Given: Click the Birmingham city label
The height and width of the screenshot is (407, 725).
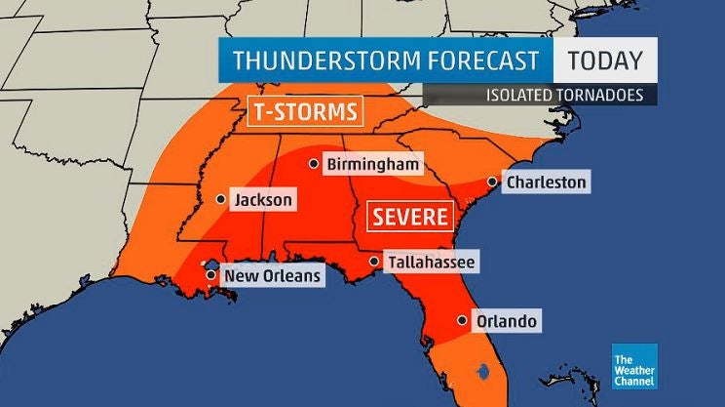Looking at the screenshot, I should point(372,165).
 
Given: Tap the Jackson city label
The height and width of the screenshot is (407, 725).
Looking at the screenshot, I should point(263,200).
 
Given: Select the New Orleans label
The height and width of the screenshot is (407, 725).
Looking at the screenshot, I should point(272,276).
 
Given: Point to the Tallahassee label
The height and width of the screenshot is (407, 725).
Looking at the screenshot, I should point(431,263).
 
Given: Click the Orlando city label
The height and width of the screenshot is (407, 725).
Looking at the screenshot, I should point(506,321).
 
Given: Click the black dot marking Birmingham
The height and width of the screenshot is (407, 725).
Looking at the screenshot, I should point(314,164).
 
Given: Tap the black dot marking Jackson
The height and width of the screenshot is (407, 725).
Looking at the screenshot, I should point(220,199).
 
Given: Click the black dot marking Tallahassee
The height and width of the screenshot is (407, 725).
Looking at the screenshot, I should point(374,262).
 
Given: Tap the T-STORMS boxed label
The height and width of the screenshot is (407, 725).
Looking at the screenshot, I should point(304,110).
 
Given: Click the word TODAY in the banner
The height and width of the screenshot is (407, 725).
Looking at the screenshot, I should point(604,61).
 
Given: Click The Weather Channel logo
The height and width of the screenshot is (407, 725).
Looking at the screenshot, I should point(634,367).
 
